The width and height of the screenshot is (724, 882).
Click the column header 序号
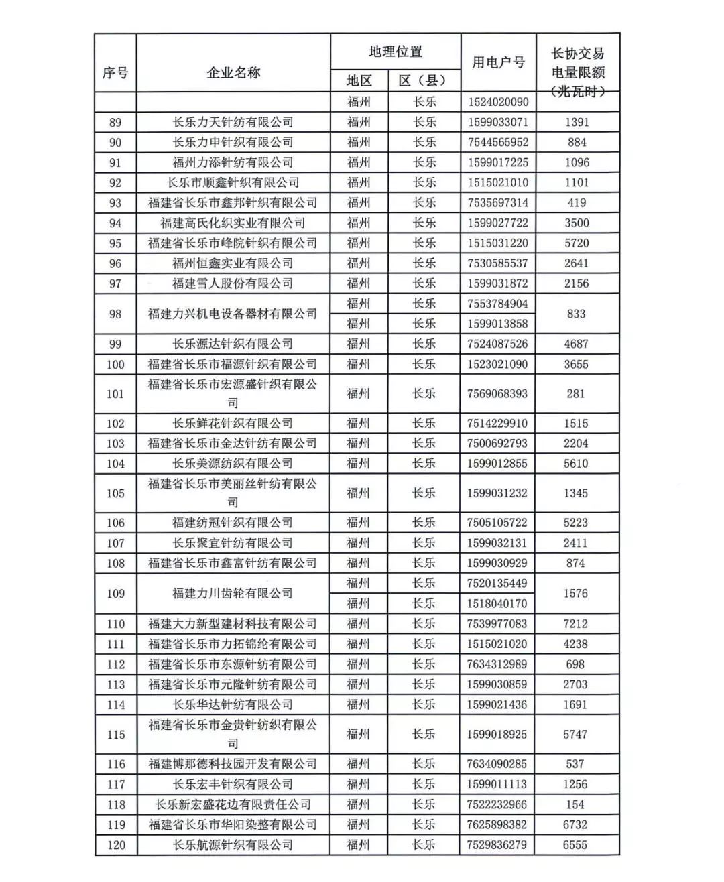115,72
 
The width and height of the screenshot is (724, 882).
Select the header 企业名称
233,72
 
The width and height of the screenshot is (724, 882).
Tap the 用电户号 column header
498,62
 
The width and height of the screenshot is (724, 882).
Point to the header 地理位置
396,52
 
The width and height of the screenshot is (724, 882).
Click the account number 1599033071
498,122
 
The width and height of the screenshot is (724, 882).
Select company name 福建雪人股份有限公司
233,283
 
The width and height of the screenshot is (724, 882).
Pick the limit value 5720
577,243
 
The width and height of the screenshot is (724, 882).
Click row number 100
115,364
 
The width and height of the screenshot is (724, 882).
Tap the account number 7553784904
498,304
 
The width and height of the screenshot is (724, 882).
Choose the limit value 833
577,314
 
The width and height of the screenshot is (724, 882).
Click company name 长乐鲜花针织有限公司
233,424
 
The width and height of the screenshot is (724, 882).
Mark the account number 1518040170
498,603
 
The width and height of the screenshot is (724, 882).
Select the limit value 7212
576,623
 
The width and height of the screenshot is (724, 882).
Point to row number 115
115,734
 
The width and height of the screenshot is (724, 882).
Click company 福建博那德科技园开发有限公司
233,764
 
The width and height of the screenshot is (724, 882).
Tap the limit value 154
575,804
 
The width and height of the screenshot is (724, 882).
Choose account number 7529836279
497,844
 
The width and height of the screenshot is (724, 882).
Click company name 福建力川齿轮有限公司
233,593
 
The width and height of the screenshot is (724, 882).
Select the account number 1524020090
498,102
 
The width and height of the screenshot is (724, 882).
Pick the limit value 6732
575,824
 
